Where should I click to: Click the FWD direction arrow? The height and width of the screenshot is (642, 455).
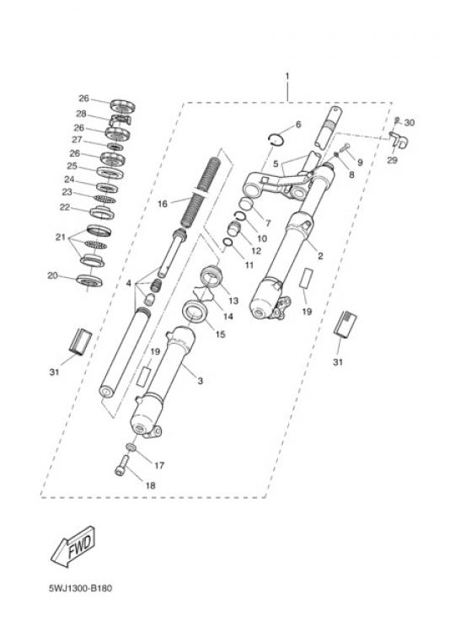click(x=73, y=547)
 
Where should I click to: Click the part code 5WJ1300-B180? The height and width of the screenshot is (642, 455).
click(x=80, y=588)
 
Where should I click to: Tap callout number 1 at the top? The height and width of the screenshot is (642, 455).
click(x=287, y=76)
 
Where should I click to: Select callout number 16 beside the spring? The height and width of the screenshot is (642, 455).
click(x=163, y=204)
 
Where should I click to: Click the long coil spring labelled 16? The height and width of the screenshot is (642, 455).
click(x=201, y=192)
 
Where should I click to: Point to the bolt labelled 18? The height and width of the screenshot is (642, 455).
click(x=121, y=467)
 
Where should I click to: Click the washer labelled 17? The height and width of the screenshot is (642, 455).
click(x=131, y=447)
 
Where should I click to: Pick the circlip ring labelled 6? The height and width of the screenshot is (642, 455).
click(x=276, y=139)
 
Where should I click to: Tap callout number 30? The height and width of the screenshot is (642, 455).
click(x=409, y=122)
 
